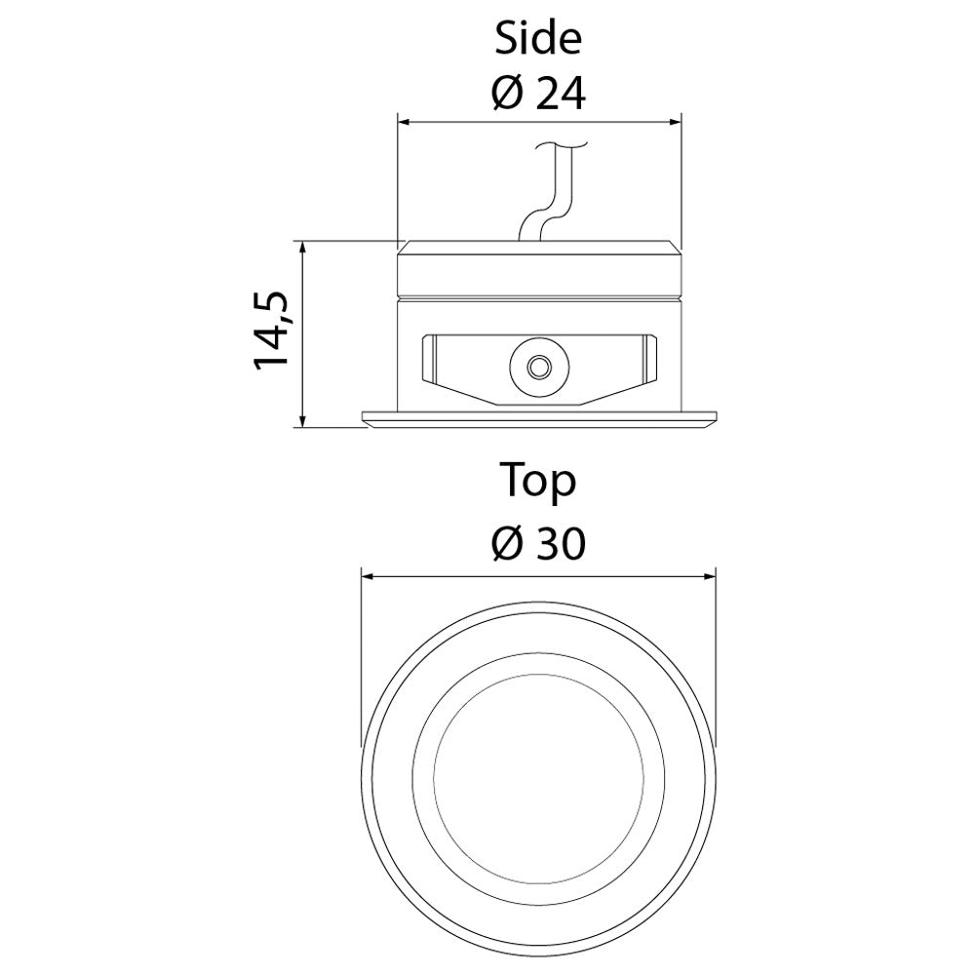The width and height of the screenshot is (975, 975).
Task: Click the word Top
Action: (538, 482)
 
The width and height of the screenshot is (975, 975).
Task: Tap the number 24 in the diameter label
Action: (561, 95)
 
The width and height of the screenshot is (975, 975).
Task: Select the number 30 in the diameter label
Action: (561, 543)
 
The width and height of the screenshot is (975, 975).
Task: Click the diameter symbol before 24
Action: (507, 95)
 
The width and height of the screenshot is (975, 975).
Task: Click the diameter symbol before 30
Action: (507, 543)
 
